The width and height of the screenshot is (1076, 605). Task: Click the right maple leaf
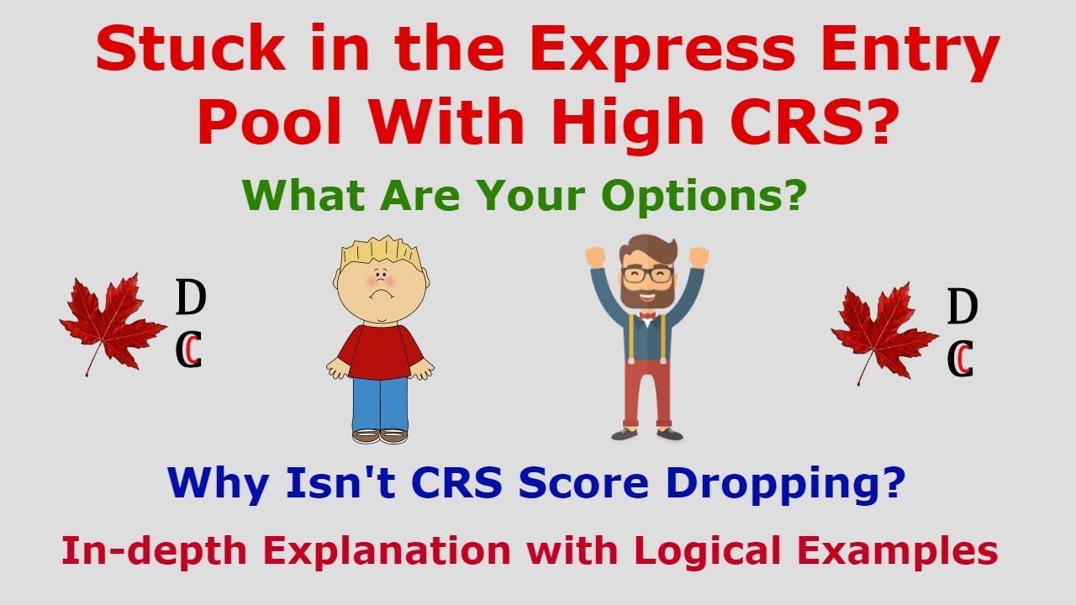click(883, 332)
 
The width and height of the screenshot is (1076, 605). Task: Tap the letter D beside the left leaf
click(190, 298)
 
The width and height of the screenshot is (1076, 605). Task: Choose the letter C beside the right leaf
click(960, 359)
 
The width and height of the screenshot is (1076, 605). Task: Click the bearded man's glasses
click(646, 274)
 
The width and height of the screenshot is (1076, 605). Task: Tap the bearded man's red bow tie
click(646, 318)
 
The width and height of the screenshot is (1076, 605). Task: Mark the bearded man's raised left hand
click(595, 255)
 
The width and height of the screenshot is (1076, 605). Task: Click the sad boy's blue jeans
click(379, 403)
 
